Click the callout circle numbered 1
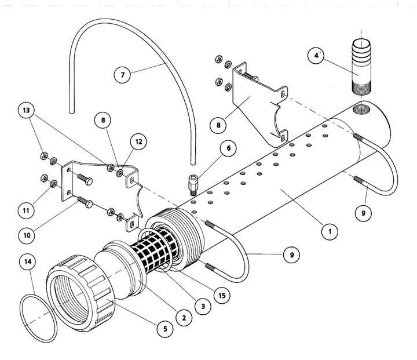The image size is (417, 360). click(329, 231)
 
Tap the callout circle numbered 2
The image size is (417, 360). click(184, 317)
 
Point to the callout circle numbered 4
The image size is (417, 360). click(316, 56)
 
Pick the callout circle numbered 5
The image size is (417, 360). click(164, 329)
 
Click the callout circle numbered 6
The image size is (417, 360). click(229, 148)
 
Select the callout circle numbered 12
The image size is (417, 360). click(140, 141)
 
